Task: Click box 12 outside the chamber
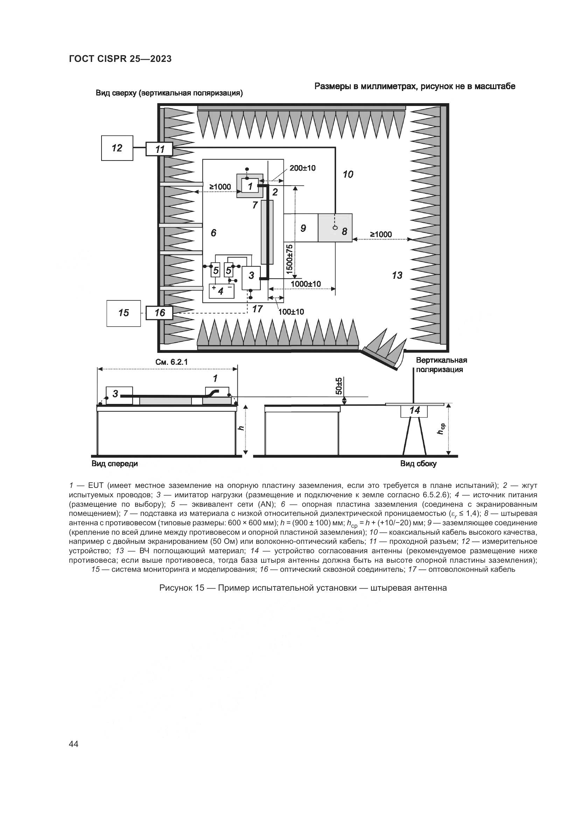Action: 117,148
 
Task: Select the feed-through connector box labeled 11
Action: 159,149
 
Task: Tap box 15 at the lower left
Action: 123,313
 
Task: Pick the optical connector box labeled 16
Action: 159,313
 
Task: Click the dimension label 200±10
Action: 302,168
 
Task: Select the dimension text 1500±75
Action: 289,259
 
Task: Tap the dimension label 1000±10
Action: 306,284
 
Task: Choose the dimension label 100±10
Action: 291,312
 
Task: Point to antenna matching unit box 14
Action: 414,411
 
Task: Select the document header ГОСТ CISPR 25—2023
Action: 120,59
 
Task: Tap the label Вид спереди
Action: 114,463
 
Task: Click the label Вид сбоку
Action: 418,463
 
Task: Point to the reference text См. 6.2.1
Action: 172,362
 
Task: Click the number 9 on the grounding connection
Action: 303,228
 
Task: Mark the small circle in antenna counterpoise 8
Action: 334,228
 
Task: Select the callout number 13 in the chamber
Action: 397,275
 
